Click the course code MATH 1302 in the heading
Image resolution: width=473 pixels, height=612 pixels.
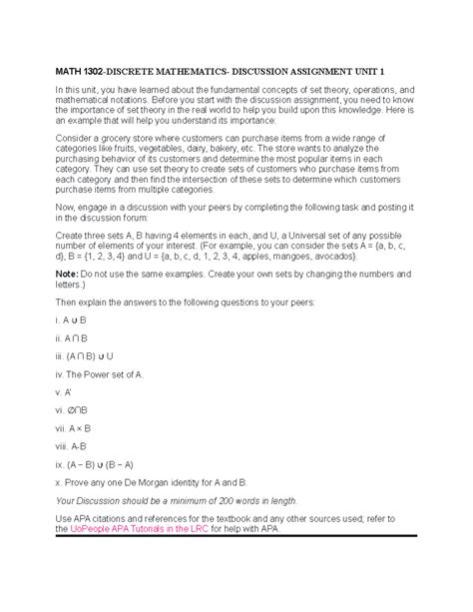click(x=86, y=72)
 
